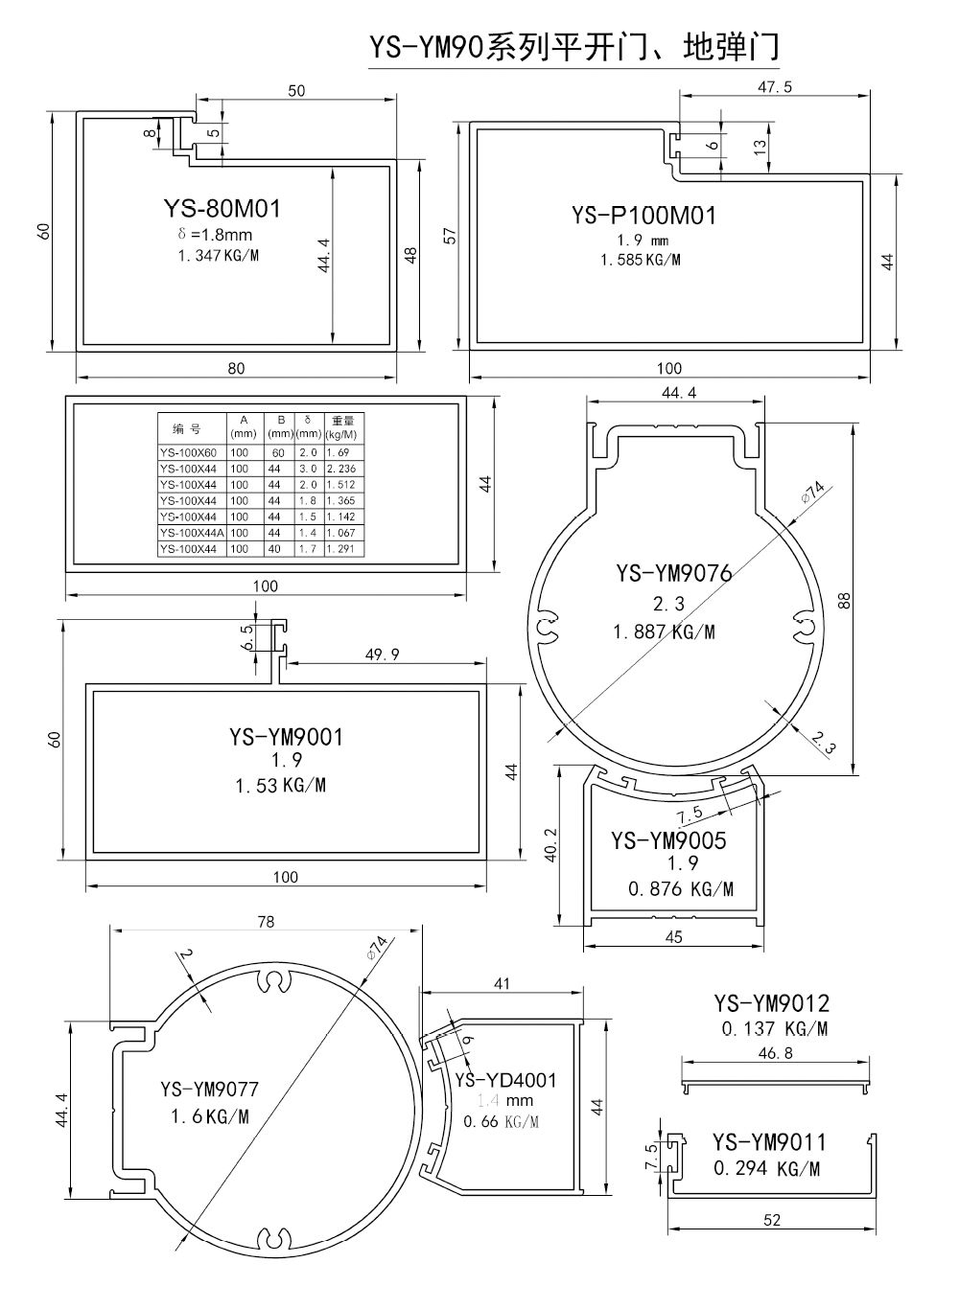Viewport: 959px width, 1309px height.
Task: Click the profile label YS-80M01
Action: pyautogui.click(x=222, y=208)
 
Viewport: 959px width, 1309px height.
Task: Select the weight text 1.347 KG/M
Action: pyautogui.click(x=219, y=256)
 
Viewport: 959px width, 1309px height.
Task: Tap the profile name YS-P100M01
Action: pyautogui.click(x=643, y=216)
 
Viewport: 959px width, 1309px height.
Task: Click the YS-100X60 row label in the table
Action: pyautogui.click(x=189, y=452)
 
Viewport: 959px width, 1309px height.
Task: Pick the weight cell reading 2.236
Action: pyautogui.click(x=340, y=469)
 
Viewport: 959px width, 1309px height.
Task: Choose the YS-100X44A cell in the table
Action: pyautogui.click(x=191, y=533)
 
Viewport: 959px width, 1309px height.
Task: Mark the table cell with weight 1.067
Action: pyautogui.click(x=340, y=533)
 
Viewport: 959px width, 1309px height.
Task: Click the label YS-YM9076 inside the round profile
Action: pyautogui.click(x=673, y=573)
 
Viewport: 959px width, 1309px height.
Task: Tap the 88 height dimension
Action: pyautogui.click(x=845, y=600)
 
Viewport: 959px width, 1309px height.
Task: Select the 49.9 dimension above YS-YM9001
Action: pyautogui.click(x=382, y=654)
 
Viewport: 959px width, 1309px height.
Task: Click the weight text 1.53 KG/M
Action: pyautogui.click(x=280, y=786)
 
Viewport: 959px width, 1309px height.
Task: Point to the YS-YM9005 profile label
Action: pyautogui.click(x=669, y=840)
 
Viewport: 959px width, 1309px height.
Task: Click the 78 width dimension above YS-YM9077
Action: pyautogui.click(x=266, y=921)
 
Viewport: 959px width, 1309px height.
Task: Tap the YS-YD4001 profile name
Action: pyautogui.click(x=505, y=1080)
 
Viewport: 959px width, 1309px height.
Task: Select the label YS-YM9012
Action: pyautogui.click(x=771, y=1003)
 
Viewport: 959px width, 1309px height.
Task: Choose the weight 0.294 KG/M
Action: pyautogui.click(x=766, y=1169)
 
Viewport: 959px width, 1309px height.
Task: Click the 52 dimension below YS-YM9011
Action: pyautogui.click(x=773, y=1220)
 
